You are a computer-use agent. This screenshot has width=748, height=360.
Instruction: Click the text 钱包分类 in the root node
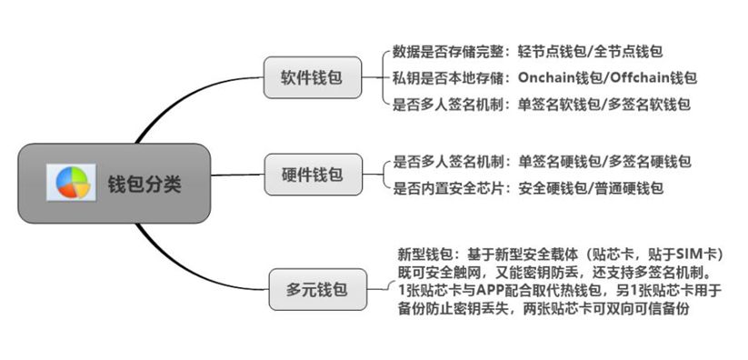point(145,184)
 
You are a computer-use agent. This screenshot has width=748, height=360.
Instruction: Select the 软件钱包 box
point(312,77)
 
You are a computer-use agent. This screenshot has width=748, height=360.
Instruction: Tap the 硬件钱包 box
point(312,173)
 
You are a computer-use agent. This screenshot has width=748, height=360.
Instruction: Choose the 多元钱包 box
point(311,292)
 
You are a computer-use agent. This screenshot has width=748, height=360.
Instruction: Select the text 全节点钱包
point(629,52)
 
